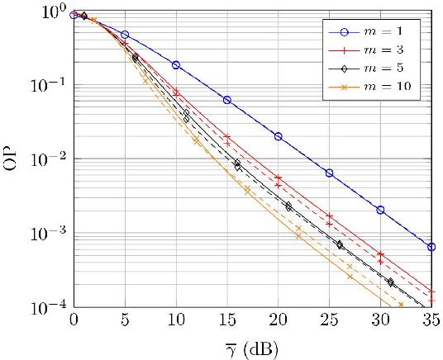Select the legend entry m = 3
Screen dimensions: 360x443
click(389, 50)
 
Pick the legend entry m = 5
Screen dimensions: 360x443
click(389, 68)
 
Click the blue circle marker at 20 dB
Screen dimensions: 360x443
click(278, 136)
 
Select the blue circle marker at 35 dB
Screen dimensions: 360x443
click(431, 247)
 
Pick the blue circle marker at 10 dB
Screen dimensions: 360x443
click(176, 64)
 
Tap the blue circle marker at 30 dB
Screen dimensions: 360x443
click(380, 210)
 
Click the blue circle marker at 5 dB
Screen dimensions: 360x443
click(125, 35)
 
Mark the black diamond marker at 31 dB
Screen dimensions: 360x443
click(390, 282)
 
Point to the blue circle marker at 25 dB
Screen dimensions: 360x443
click(329, 173)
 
